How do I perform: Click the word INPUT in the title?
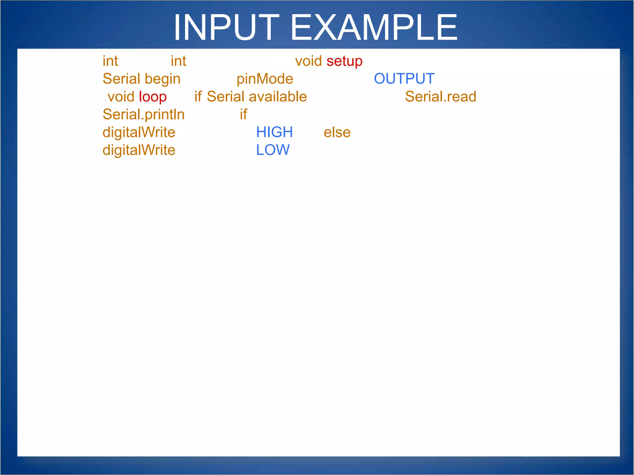(x=226, y=28)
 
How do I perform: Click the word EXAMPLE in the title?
(x=374, y=28)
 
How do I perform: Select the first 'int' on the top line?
(x=110, y=61)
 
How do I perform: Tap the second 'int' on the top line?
(x=178, y=61)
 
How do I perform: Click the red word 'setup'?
(x=344, y=62)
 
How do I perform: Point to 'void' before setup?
(x=308, y=61)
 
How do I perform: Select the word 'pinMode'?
(x=265, y=79)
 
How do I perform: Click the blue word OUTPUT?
(x=404, y=79)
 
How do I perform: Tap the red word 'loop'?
(x=153, y=97)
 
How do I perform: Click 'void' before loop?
(x=121, y=97)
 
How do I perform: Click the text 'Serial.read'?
(x=440, y=97)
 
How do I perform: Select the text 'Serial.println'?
(x=143, y=115)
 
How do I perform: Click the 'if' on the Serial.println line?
(x=243, y=114)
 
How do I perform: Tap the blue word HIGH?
(x=274, y=132)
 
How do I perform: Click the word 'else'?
(x=337, y=133)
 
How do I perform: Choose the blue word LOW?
(x=273, y=150)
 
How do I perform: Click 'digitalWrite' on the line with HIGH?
(x=139, y=133)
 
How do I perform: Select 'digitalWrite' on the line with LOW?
(x=139, y=150)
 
